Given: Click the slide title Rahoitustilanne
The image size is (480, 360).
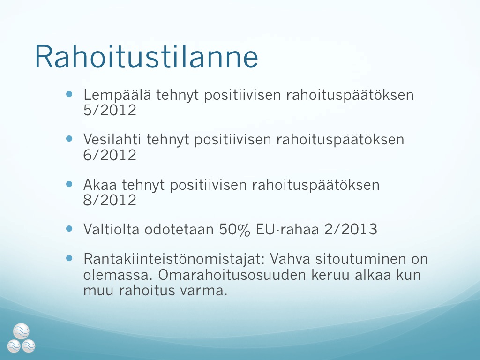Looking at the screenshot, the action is point(146,57).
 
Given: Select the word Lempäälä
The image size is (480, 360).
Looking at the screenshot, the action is point(117,95).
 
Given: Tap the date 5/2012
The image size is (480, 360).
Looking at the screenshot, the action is point(110,110).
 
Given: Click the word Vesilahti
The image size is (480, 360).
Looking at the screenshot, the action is point(112,139).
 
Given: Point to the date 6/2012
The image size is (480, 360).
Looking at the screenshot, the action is point(110,155).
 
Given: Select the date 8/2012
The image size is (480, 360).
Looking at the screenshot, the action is point(110,200).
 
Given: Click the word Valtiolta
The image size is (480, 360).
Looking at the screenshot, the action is point(112,229).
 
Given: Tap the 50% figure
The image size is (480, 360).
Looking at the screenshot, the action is point(234,230).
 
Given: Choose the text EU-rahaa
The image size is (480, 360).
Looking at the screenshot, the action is point(287,229).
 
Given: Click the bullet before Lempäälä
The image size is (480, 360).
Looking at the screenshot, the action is point(69,94).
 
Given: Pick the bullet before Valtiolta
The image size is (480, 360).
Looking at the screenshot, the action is point(69,229).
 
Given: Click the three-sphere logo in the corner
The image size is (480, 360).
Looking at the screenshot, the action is point(22,338).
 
